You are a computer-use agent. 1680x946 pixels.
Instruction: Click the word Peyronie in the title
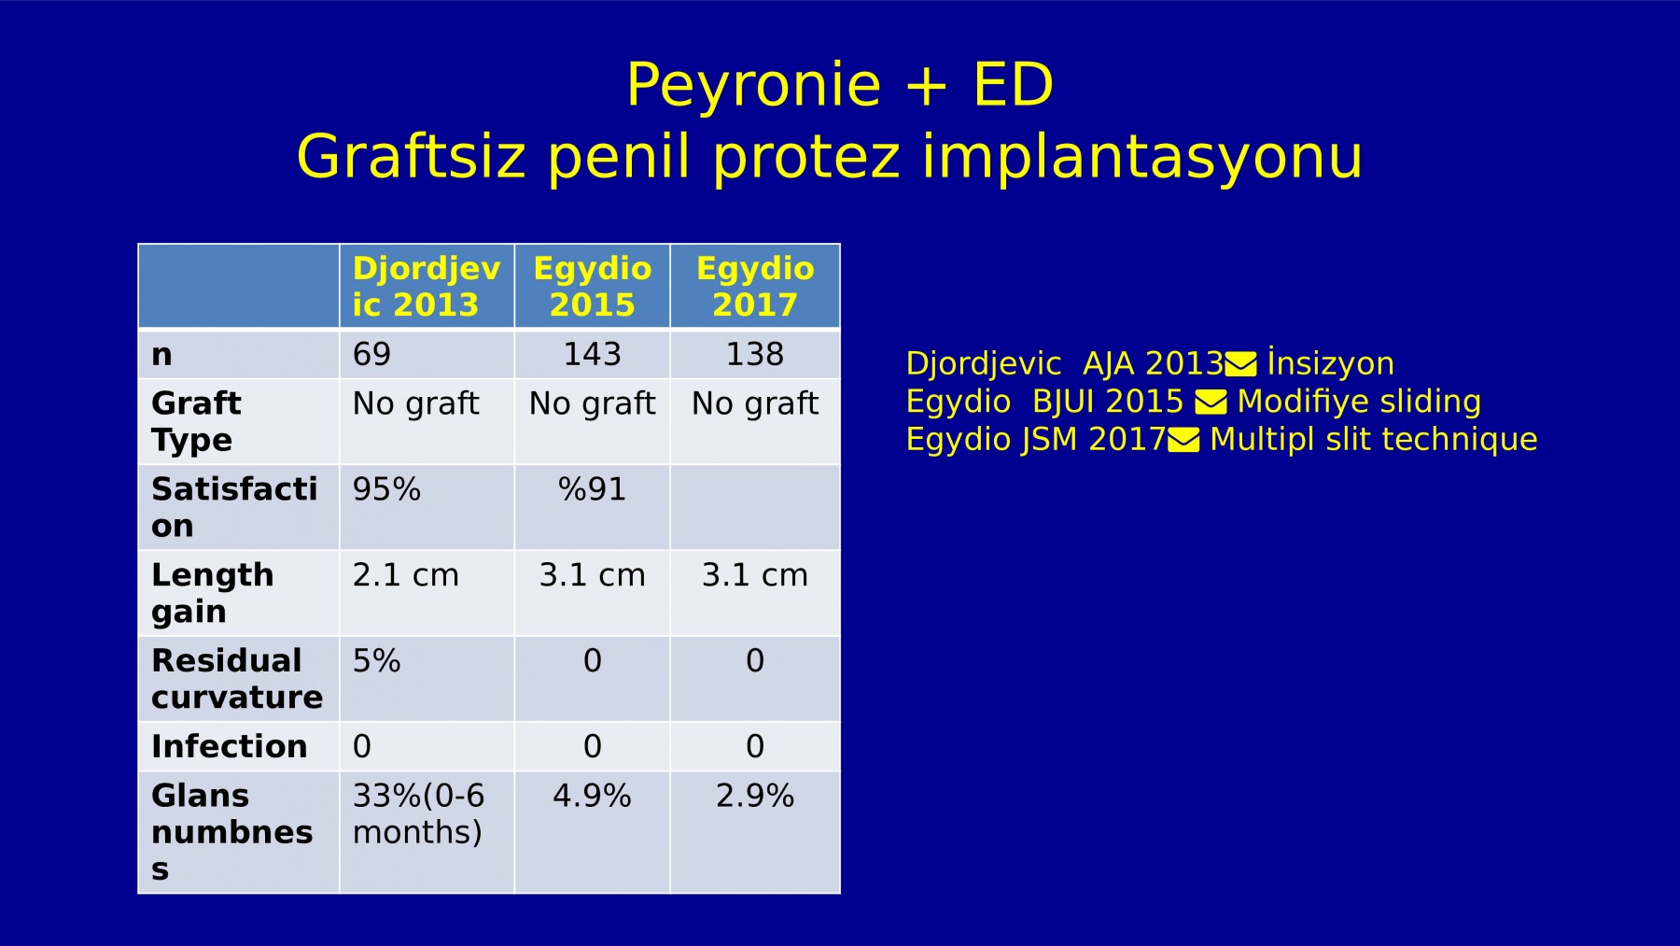[753, 85]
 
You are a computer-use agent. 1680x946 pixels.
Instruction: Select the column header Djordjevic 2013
[427, 287]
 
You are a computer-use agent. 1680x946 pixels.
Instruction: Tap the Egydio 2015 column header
[592, 287]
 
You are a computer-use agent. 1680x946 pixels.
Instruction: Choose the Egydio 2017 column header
[755, 287]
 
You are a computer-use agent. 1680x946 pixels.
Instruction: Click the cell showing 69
[371, 354]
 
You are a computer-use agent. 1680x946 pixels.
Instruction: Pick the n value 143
[592, 354]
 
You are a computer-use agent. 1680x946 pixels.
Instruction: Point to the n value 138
[755, 354]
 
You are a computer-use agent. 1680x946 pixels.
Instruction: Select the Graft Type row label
[196, 421]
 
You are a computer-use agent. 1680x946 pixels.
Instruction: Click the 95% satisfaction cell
[386, 489]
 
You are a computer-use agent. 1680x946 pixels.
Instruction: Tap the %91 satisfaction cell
[592, 489]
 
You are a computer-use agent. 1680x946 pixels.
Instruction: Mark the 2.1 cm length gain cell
[406, 575]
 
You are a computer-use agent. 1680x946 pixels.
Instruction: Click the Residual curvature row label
[237, 679]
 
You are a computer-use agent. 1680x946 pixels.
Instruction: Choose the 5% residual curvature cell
[376, 661]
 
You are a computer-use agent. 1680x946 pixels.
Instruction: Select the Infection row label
[230, 746]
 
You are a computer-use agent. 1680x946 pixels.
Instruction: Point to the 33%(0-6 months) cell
[419, 813]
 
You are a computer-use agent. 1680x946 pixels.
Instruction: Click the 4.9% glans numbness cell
[592, 796]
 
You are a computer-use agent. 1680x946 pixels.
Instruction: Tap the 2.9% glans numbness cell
[755, 796]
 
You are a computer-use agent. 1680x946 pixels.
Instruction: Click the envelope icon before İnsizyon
[1240, 363]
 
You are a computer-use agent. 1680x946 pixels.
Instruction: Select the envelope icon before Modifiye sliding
[1211, 402]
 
